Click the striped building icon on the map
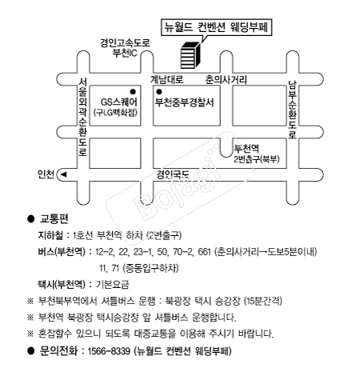[x=190, y=55]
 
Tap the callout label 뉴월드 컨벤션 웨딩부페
[x=216, y=27]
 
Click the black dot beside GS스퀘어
[x=133, y=92]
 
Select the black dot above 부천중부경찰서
[x=159, y=92]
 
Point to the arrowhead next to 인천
[x=63, y=174]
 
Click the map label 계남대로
[x=167, y=79]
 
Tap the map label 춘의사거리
[x=226, y=79]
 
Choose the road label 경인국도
[x=173, y=174]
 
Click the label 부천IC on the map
[x=125, y=53]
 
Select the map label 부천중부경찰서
[x=185, y=102]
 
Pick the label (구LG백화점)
[x=115, y=113]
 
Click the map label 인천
[x=46, y=174]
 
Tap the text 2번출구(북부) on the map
[x=257, y=159]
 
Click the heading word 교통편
[x=54, y=218]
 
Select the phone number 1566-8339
[x=109, y=350]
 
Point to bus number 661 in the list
[x=205, y=252]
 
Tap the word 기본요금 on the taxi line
[x=112, y=285]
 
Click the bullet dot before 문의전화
[x=31, y=351]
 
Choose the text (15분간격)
[x=263, y=301]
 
